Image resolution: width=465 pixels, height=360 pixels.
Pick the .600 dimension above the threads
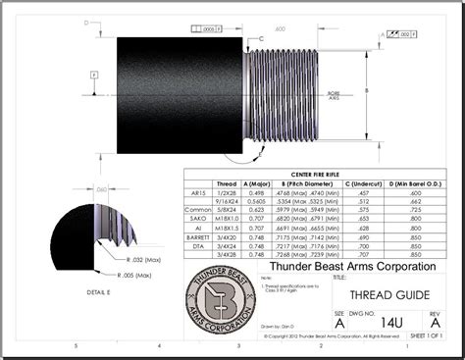coord(281,28)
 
